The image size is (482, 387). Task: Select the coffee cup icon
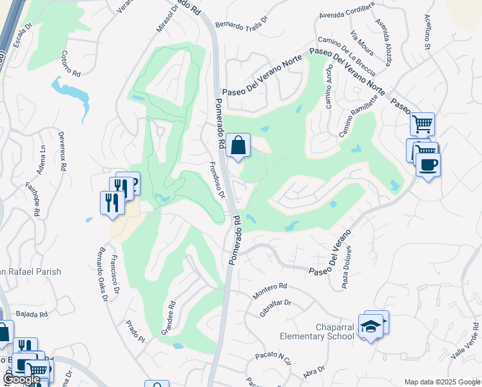pyautogui.click(x=428, y=165)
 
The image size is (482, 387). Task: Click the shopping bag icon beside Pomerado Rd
pyautogui.click(x=238, y=146)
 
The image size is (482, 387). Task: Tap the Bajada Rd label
pyautogui.click(x=34, y=315)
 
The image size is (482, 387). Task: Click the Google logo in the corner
pyautogui.click(x=22, y=380)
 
